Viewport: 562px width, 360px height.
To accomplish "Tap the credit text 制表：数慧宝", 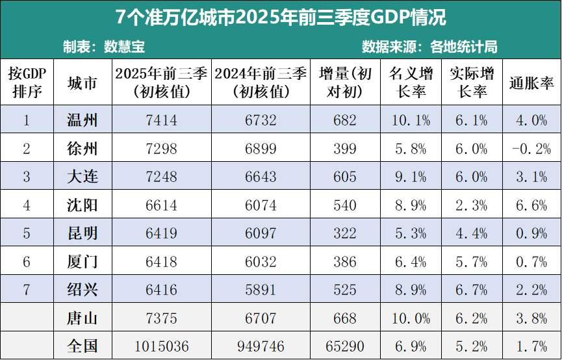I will click(x=104, y=47).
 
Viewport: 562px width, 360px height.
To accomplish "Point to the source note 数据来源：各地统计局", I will click(x=429, y=47).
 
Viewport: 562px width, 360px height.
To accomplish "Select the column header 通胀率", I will click(x=531, y=83).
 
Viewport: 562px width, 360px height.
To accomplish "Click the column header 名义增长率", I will click(x=411, y=83).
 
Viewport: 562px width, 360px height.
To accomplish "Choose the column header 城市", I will click(x=83, y=83).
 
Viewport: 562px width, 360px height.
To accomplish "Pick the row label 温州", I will click(x=83, y=120).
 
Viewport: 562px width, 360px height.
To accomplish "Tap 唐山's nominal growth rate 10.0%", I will click(x=411, y=318).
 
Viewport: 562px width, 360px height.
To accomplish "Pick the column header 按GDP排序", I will click(x=27, y=83).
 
